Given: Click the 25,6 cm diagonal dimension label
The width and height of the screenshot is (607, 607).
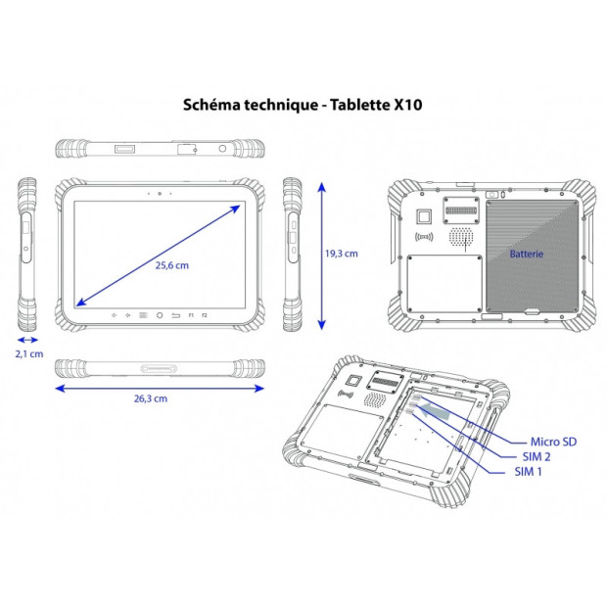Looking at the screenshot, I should point(170,265).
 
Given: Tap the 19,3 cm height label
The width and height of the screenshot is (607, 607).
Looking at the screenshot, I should point(341,253).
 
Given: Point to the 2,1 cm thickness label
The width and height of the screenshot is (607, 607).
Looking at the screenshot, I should point(30,353).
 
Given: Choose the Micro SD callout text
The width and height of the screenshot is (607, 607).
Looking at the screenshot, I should point(553,443).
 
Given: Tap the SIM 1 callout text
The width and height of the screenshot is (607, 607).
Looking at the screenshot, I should point(529,472).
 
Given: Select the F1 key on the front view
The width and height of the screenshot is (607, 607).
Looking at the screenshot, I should point(192,315).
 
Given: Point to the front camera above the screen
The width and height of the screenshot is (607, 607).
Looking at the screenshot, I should point(160,194).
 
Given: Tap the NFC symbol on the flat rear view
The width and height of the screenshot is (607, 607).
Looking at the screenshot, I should point(424,238).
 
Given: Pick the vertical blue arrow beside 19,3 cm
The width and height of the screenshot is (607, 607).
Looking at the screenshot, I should point(320,253).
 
